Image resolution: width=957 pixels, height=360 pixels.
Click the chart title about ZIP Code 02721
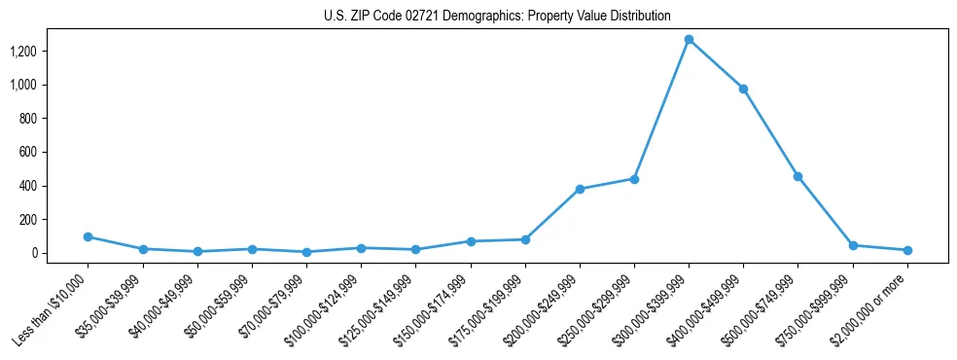[x=497, y=16]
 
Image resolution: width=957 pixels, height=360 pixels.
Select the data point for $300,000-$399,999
[x=689, y=40]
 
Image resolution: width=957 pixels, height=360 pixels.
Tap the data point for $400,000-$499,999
[x=743, y=89]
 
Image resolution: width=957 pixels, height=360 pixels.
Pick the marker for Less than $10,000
[x=89, y=236]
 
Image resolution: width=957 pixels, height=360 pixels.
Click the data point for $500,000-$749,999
[x=797, y=176]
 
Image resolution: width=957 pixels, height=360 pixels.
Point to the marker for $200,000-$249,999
[x=580, y=189]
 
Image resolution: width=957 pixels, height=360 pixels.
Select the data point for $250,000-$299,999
[x=634, y=179]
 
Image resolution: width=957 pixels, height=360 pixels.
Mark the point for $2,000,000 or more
[x=907, y=250]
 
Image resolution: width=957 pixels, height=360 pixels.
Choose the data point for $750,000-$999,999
[x=853, y=245]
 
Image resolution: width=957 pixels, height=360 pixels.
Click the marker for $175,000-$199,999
[x=525, y=239]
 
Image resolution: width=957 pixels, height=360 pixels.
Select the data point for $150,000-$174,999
[x=471, y=241]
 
